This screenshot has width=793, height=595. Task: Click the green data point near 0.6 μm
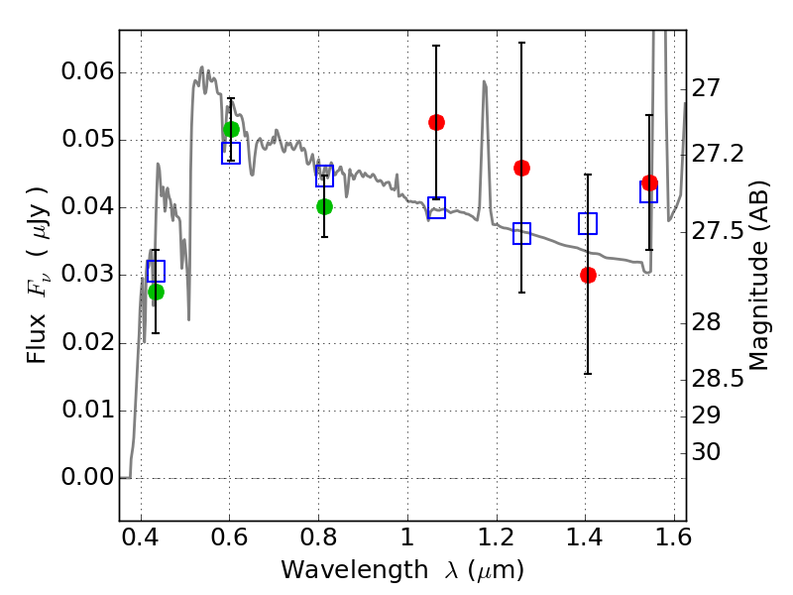231,130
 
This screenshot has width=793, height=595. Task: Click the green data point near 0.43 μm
156,292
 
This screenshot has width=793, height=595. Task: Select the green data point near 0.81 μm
324,206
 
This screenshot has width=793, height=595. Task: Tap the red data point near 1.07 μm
436,122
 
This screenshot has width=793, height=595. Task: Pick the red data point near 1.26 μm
521,168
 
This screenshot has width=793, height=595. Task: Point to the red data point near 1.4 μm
588,275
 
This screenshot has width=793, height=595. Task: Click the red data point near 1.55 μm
649,183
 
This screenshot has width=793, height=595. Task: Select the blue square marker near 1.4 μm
588,223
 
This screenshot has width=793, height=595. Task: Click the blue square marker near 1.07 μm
436,208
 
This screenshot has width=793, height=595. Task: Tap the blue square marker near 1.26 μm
521,234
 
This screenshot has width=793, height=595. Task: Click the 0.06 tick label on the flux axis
87,72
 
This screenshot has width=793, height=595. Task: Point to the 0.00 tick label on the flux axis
87,478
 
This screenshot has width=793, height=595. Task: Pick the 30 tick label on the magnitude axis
706,452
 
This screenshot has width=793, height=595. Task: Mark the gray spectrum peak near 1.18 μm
484,82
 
